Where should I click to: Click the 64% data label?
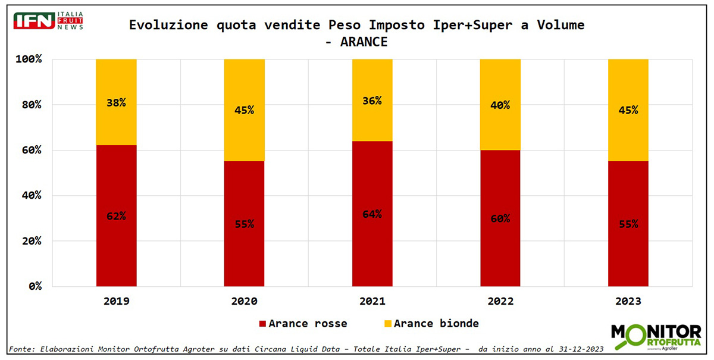pyautogui.click(x=372, y=214)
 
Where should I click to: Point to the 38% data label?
pyautogui.click(x=116, y=102)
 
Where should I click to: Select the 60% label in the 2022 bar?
pyautogui.click(x=500, y=218)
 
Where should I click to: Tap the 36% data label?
pyautogui.click(x=372, y=101)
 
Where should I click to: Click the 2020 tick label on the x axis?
pyautogui.click(x=245, y=301)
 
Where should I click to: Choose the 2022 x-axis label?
pyautogui.click(x=500, y=301)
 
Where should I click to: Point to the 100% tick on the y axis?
pyautogui.click(x=29, y=59)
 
